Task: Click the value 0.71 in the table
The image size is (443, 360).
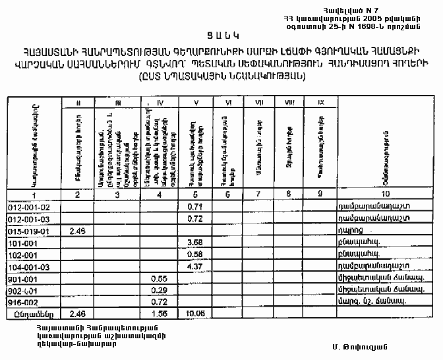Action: pos(194,207)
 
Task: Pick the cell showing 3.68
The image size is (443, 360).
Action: pos(194,242)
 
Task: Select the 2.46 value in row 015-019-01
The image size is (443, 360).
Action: pos(78,231)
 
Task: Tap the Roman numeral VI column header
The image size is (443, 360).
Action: pos(227,103)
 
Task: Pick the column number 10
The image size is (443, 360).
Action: pos(386,194)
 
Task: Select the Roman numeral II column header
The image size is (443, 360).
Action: pos(78,103)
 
